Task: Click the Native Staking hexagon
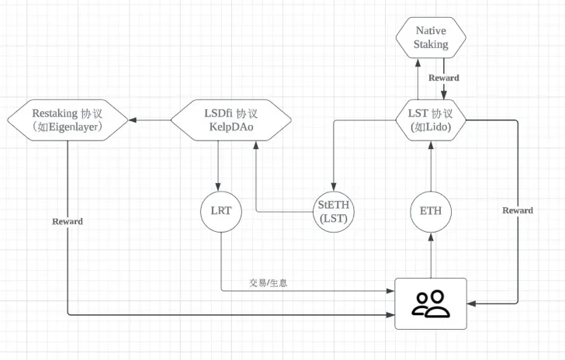431,36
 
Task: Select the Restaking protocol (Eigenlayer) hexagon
68,120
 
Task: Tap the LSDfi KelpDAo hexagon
231,120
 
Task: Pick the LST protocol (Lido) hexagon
431,120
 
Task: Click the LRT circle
221,210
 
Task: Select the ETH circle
431,210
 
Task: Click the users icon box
431,303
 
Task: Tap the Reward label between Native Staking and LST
444,78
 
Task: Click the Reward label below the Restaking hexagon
68,221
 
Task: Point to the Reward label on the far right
518,210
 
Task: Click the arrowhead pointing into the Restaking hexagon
133,120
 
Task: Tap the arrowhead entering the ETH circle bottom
431,234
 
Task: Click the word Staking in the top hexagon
431,44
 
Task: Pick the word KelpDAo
231,127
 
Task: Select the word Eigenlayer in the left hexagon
73,127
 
